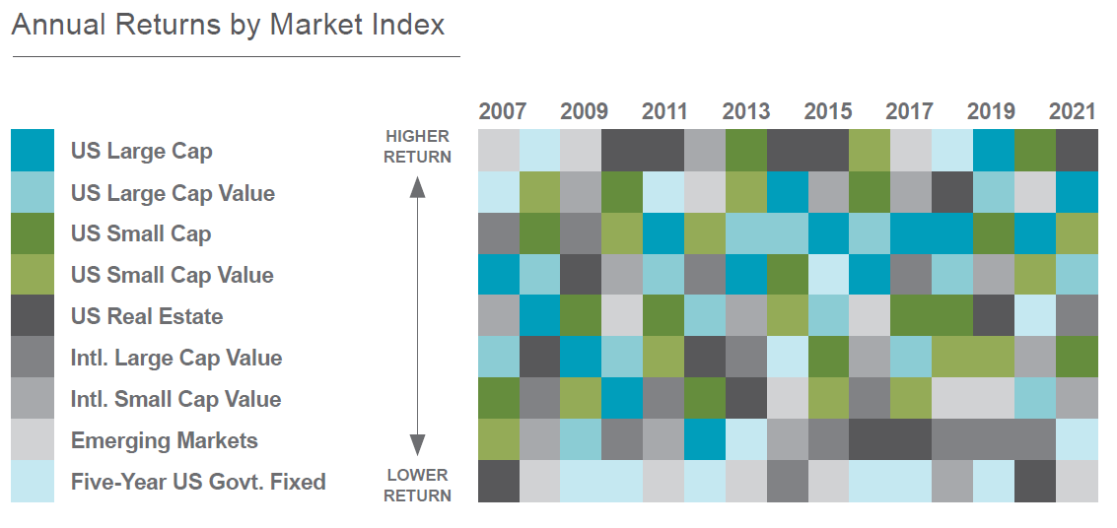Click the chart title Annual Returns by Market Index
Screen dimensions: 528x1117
click(x=228, y=25)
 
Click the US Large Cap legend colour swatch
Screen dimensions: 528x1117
click(x=33, y=150)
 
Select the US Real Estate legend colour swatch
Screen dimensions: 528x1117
click(x=33, y=316)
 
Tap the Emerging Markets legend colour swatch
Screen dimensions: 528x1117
click(x=33, y=440)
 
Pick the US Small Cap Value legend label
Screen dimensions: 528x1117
click(x=172, y=275)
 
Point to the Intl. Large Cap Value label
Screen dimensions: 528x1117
click(x=175, y=358)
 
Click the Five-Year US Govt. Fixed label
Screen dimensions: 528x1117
click(x=197, y=483)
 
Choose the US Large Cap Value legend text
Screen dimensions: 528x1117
click(x=173, y=193)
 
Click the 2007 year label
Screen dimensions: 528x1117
click(x=503, y=111)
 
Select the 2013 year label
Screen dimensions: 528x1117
click(x=746, y=111)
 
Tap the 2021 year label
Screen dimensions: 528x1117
click(x=1073, y=111)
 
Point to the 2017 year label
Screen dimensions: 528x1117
click(x=909, y=111)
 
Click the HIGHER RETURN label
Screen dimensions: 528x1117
click(x=418, y=146)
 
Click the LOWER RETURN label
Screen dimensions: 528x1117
click(x=418, y=485)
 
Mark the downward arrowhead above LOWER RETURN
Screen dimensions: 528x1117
click(x=418, y=446)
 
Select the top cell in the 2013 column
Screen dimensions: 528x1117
click(x=745, y=150)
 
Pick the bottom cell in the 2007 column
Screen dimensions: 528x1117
click(x=498, y=482)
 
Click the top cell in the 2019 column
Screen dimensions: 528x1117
click(x=993, y=150)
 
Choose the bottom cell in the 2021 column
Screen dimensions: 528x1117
click(x=1077, y=482)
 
